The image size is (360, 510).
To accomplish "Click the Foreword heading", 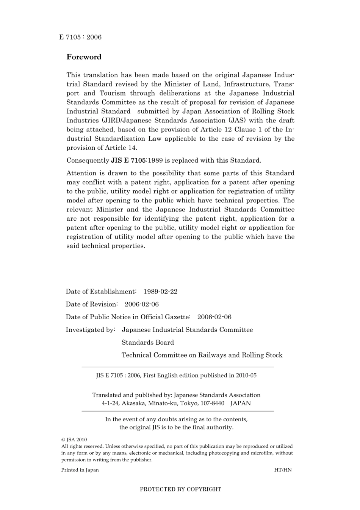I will pos(84,57).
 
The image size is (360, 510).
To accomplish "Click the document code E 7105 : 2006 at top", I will pos(80,37).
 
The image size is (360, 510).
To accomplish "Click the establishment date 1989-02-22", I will pos(160,292).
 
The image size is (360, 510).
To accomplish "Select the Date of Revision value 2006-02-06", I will pos(142,304).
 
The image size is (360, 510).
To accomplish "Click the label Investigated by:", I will pos(90,330).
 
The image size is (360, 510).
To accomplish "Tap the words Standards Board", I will pos(148,342).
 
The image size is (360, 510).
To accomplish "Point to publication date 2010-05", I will pos(246,375).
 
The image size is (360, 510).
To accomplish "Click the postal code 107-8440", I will pos(212,403).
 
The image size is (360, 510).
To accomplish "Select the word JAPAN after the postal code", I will pos(241,403).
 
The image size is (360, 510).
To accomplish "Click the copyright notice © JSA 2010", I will pos(74,440).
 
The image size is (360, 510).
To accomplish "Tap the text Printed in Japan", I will pos(80,470).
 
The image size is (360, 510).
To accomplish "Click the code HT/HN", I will pos(283,470).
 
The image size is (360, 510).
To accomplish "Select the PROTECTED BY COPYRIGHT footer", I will pos(180,490).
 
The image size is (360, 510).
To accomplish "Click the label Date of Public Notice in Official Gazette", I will pos(128,317).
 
